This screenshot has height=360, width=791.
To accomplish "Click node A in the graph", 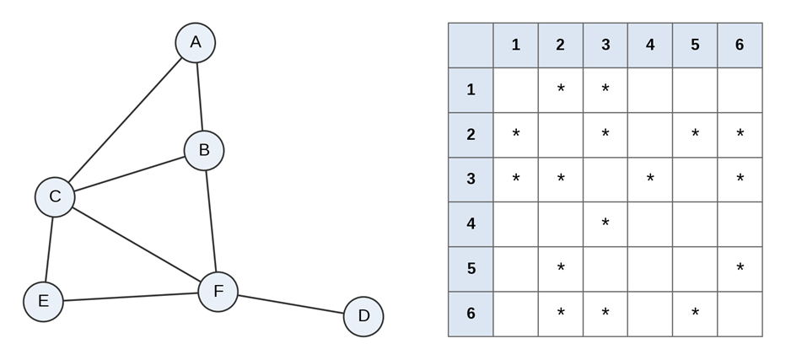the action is point(196,43).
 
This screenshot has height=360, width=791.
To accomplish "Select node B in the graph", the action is point(204,151).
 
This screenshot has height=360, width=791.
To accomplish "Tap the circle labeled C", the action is point(55,197).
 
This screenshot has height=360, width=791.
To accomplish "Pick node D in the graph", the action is point(363,317).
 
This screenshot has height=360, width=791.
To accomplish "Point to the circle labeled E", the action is point(43,302).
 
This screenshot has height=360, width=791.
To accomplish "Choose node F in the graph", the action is point(218,292).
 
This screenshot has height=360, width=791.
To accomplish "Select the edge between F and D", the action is point(291,304).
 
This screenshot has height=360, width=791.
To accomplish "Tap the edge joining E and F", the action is point(131,297).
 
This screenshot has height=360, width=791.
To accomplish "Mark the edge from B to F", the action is point(211,222).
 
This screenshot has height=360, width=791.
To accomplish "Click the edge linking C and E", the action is point(49,250).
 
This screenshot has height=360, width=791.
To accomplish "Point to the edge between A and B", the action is point(200,97).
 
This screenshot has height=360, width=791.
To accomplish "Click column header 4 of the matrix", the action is point(650,46).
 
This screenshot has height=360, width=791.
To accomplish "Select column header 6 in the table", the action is point(740,46).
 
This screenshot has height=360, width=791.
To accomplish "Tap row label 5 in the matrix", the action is point(471,269).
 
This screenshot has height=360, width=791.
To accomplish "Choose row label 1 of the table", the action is point(471,89).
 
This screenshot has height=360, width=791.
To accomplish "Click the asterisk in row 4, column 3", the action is point(605,223).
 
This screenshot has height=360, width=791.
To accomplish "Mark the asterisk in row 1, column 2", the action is point(561,89).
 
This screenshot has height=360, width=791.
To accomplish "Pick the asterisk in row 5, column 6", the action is point(740,267).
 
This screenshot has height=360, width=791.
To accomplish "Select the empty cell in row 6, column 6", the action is point(740,314).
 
